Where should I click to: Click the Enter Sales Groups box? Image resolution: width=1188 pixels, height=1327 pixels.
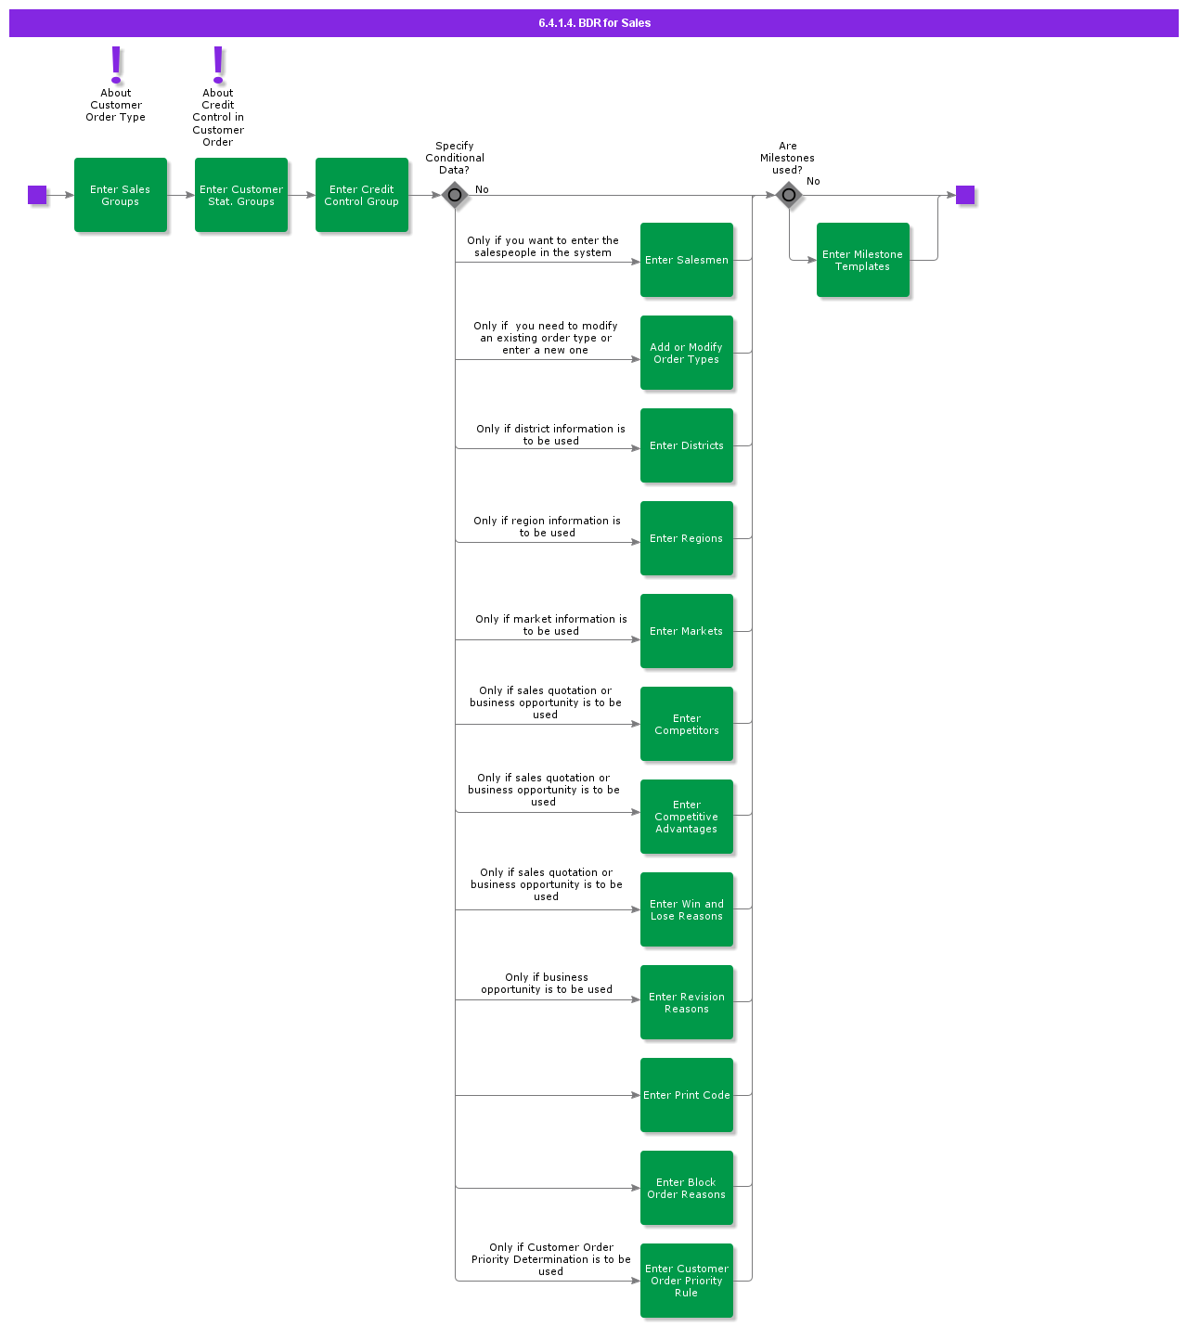121,195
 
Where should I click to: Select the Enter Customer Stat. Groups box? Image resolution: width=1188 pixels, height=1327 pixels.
241,195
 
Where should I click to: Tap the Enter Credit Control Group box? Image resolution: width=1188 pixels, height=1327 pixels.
362,195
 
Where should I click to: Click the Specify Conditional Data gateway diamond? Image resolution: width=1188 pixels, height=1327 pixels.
455,195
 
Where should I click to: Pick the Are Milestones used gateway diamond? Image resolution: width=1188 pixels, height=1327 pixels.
789,195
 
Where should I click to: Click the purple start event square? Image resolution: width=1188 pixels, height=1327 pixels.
37,195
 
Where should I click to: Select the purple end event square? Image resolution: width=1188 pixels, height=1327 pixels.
965,195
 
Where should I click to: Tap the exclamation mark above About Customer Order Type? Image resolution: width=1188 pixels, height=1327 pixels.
116,64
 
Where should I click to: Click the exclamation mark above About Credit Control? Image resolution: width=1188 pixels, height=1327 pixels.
218,64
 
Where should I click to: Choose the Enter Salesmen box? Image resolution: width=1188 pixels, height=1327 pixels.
687,260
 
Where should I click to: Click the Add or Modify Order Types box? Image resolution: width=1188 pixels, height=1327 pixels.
687,353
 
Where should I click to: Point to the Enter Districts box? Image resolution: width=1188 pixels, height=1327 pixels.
687,445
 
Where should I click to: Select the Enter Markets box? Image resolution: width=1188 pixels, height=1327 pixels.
687,631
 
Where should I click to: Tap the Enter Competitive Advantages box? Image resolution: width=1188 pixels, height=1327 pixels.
687,817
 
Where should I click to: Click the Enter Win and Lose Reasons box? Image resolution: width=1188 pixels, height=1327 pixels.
687,909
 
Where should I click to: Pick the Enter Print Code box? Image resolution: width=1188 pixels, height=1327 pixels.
687,1095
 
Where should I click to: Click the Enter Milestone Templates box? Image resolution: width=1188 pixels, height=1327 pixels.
863,260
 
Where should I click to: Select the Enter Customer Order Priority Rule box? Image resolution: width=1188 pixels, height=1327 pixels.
687,1281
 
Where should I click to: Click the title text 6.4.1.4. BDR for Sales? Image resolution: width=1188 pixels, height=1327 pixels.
594,23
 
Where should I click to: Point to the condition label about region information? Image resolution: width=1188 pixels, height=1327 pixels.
548,527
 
